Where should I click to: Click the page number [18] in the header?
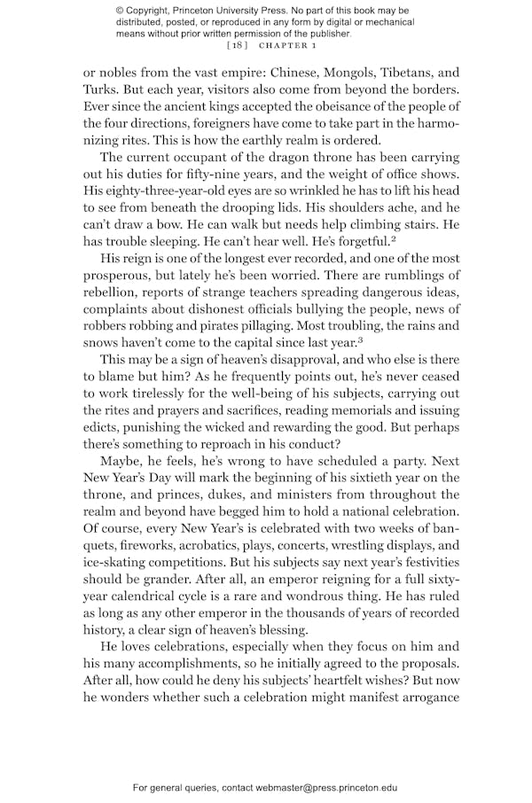pyautogui.click(x=238, y=44)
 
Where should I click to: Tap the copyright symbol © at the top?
pyautogui.click(x=120, y=10)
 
